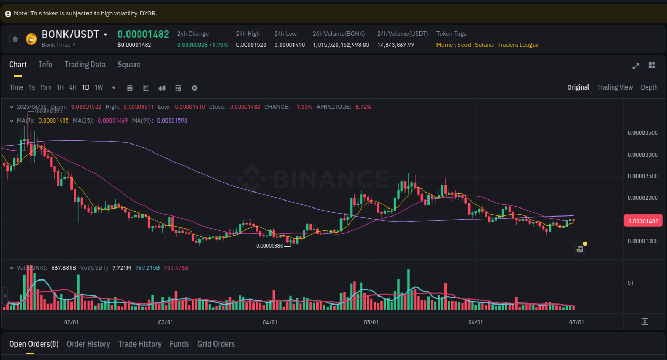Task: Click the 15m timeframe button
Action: tap(46, 87)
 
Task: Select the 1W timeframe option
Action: tap(99, 87)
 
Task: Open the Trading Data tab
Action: tap(85, 65)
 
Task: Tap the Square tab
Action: tap(129, 65)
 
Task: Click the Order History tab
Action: tap(88, 344)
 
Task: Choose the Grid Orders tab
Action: tap(216, 344)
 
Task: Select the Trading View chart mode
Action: tap(615, 87)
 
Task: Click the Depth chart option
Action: tap(649, 87)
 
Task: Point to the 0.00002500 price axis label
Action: tap(642, 176)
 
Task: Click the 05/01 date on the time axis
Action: tap(371, 322)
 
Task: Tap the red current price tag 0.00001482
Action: tap(643, 221)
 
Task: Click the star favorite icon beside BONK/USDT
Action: tap(15, 38)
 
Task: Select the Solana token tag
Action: tap(484, 45)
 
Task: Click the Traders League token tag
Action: tap(518, 45)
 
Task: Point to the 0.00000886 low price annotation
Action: tap(269, 246)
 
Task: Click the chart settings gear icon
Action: tap(194, 88)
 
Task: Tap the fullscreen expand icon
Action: tap(636, 66)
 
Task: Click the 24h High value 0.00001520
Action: tap(251, 45)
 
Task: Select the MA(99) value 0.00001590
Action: tap(172, 121)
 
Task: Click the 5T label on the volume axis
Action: tap(631, 283)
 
